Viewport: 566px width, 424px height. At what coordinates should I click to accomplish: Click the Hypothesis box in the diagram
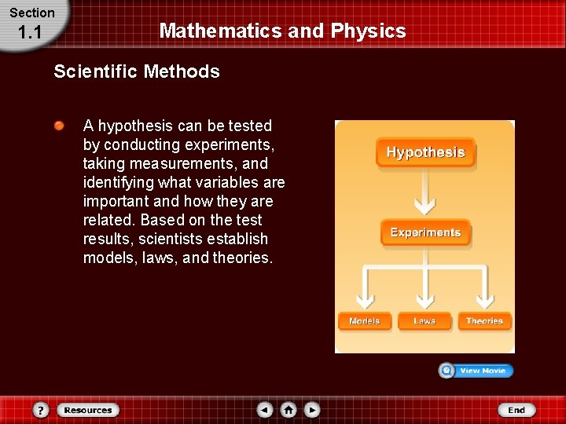pyautogui.click(x=425, y=152)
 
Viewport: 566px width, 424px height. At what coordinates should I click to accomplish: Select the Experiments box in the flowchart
pyautogui.click(x=425, y=232)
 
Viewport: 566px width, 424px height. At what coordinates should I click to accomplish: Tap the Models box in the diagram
pyautogui.click(x=364, y=321)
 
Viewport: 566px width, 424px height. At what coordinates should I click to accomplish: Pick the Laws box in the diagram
pyautogui.click(x=424, y=321)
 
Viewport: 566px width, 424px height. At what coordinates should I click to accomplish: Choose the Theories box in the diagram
pyautogui.click(x=484, y=321)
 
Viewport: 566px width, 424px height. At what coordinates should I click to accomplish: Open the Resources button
pyautogui.click(x=87, y=410)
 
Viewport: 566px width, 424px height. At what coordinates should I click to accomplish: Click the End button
pyautogui.click(x=516, y=410)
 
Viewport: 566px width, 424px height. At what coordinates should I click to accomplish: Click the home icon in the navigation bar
pyautogui.click(x=289, y=410)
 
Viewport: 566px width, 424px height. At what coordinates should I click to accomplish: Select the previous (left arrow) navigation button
pyautogui.click(x=265, y=410)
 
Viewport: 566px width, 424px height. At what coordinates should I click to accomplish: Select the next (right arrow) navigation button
pyautogui.click(x=312, y=410)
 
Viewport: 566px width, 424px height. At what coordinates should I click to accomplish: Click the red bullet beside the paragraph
pyautogui.click(x=60, y=126)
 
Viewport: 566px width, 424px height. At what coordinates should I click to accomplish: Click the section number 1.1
pyautogui.click(x=29, y=32)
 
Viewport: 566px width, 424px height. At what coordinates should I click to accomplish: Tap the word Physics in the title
pyautogui.click(x=368, y=31)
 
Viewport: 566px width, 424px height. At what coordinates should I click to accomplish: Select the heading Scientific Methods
pyautogui.click(x=137, y=71)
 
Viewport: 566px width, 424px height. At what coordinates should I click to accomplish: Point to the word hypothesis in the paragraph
pyautogui.click(x=131, y=126)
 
